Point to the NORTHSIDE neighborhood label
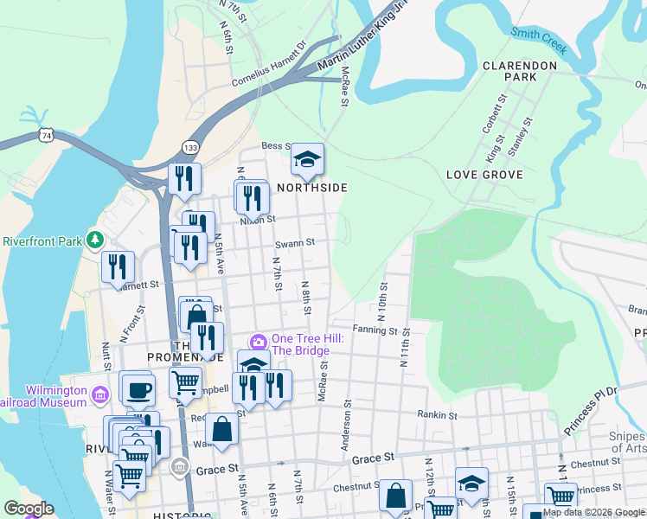(x=312, y=188)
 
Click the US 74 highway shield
(x=46, y=136)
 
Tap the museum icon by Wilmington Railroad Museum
(x=99, y=395)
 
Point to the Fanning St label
(x=375, y=330)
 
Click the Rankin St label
(x=436, y=413)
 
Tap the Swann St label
(x=294, y=244)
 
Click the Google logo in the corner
(x=28, y=509)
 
